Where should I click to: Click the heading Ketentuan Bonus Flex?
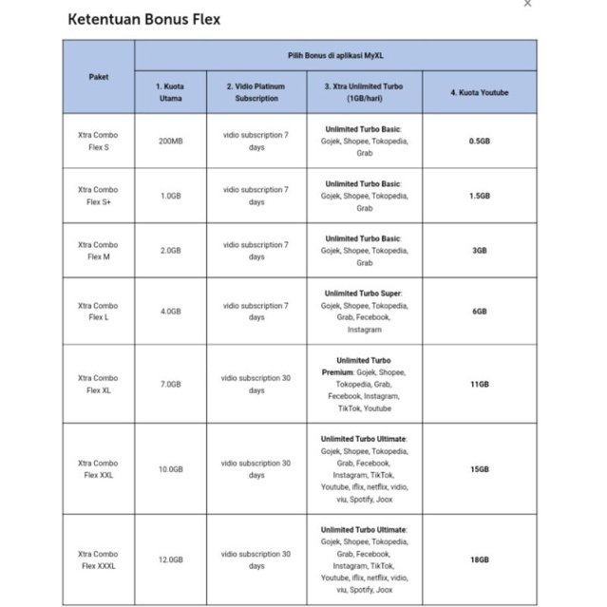tap(144, 19)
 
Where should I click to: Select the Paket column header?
tap(99, 77)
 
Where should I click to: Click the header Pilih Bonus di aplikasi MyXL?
tap(334, 56)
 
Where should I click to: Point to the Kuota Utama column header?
tap(170, 92)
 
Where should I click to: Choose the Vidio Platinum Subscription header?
tap(256, 92)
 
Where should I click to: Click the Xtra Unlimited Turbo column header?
tap(364, 92)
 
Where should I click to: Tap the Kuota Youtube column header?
tap(479, 92)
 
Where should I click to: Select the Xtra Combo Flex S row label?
tap(99, 141)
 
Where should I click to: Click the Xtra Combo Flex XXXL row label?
tap(99, 560)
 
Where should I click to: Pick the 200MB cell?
tap(170, 141)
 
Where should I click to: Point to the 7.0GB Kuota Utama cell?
tap(170, 384)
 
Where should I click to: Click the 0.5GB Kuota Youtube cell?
tap(479, 141)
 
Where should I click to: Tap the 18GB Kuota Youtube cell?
tap(479, 560)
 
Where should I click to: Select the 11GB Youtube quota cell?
tap(479, 384)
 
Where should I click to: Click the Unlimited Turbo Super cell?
tap(364, 312)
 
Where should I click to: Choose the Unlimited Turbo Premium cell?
tap(364, 384)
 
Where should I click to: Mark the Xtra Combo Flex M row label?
tap(99, 251)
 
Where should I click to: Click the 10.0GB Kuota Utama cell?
tap(170, 469)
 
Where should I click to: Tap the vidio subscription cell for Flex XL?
tap(256, 384)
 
